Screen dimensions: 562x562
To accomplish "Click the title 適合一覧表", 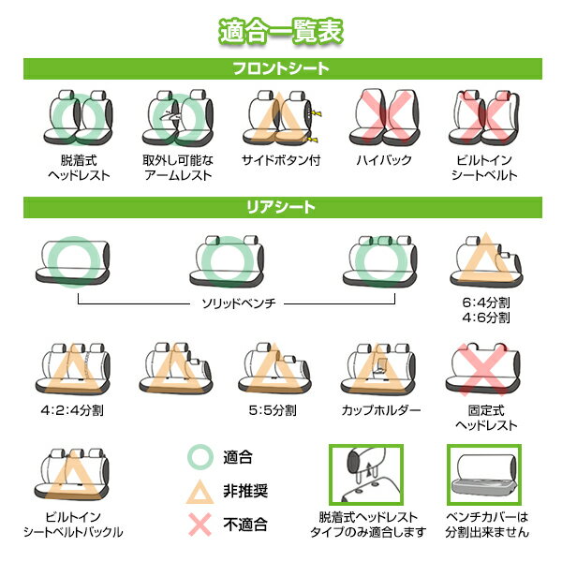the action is (x=281, y=32).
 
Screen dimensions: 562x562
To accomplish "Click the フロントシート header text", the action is (x=281, y=68).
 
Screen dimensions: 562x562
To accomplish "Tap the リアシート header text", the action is (x=281, y=207).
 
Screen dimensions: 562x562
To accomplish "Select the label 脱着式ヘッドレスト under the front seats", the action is (x=79, y=168).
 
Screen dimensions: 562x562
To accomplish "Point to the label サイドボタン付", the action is (x=281, y=160).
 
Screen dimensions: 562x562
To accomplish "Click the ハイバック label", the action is (x=384, y=160).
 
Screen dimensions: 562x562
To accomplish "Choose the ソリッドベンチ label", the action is (x=239, y=303).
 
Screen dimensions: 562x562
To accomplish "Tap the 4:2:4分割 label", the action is (x=72, y=410).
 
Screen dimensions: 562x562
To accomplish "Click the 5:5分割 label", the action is (x=273, y=410).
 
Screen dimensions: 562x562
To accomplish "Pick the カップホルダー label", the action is (x=380, y=410).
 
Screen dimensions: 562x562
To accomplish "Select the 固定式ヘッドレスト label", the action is (x=486, y=418).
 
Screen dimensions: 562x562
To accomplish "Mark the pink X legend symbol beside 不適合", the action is (x=200, y=525).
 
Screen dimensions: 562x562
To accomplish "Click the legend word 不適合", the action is (x=245, y=525).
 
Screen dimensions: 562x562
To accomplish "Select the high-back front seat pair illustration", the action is (x=384, y=117).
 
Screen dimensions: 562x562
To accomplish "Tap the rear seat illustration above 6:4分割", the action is (x=486, y=261).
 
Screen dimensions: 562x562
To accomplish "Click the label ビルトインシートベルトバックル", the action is (x=73, y=525).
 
